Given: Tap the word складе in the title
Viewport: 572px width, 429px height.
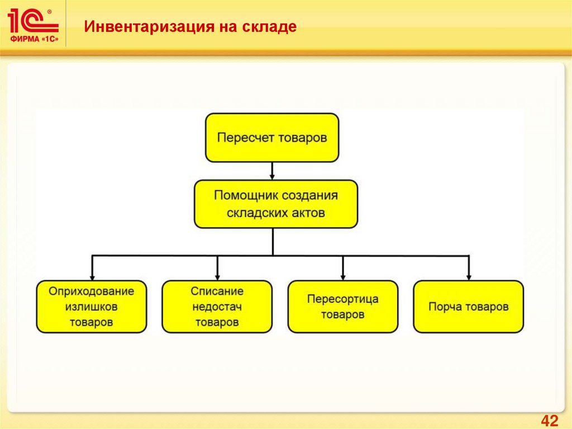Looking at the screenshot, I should pos(270,26).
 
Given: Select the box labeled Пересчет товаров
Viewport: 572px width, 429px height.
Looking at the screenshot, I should pos(272,138).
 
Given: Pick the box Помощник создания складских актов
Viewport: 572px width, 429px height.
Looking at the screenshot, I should pos(276,204).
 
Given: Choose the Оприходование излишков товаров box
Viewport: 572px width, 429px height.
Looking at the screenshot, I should pos(92,307).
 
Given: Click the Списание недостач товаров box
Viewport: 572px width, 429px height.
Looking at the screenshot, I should pos(217,307).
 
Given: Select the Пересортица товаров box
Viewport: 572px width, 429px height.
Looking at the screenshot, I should pos(342,307).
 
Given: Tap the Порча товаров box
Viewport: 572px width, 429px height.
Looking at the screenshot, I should pos(468,307).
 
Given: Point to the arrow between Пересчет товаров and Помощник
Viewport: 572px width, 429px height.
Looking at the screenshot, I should pos(272,171).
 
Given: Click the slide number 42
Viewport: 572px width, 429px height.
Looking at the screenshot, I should pos(550,421).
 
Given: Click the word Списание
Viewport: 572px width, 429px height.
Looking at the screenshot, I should pos(217,291).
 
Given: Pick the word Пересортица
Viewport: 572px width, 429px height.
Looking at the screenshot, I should pos(342,299).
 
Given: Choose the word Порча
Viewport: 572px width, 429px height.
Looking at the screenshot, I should pos(442,307).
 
